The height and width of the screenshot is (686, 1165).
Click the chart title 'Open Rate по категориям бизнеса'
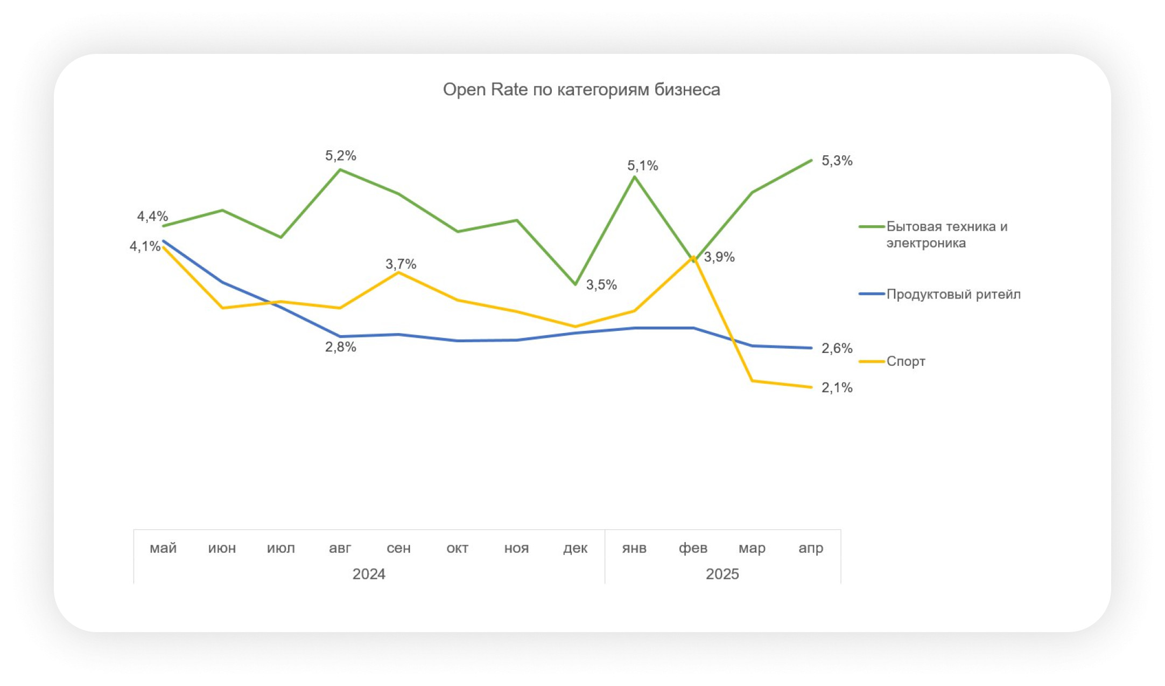(581, 89)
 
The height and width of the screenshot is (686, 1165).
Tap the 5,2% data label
(340, 156)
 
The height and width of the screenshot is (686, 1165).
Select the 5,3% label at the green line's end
(837, 161)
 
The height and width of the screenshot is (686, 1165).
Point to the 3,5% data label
(601, 285)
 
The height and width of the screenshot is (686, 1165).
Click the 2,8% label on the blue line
(340, 347)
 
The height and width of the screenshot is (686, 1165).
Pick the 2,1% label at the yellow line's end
(837, 387)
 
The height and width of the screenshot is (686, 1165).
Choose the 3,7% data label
(401, 264)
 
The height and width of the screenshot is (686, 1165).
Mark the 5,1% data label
(642, 166)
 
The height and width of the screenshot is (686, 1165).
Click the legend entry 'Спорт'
(906, 361)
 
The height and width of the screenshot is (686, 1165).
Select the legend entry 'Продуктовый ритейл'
(953, 294)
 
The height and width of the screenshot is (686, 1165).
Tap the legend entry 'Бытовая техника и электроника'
(946, 234)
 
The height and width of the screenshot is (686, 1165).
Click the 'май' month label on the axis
(163, 548)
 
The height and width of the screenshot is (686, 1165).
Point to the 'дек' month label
(575, 548)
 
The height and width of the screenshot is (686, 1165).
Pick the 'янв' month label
(634, 548)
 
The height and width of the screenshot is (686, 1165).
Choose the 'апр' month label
(811, 548)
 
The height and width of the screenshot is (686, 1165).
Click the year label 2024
(369, 574)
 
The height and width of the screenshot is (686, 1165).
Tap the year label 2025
(722, 574)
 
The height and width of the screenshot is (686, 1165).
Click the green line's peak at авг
(340, 170)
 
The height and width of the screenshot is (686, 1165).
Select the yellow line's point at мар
(752, 381)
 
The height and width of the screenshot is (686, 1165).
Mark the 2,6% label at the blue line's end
(837, 348)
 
